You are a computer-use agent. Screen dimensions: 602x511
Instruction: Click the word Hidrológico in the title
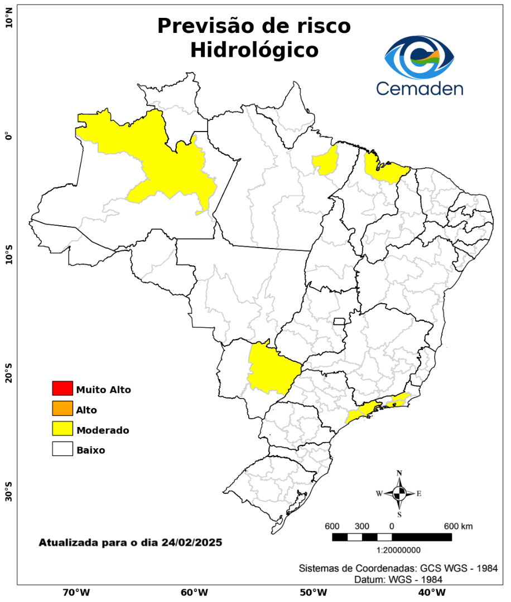tap(254, 50)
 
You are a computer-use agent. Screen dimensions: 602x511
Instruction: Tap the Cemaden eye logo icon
tap(419, 57)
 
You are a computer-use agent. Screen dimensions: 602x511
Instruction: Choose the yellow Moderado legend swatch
tap(62, 429)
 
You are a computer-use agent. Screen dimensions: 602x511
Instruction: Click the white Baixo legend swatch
tap(62, 449)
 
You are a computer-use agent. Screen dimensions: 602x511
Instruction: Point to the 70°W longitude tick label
tap(76, 592)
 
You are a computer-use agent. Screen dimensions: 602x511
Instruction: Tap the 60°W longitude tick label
tap(194, 592)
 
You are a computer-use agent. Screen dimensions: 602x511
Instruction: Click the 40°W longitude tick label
tap(430, 592)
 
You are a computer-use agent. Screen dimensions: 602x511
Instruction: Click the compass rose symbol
tap(399, 493)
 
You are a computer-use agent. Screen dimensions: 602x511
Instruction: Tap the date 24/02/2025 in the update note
tap(192, 542)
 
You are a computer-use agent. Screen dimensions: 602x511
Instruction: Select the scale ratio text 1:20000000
tap(399, 550)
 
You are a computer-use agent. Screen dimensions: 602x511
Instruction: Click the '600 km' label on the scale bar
tap(458, 526)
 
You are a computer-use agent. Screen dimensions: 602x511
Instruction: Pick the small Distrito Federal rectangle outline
tap(339, 321)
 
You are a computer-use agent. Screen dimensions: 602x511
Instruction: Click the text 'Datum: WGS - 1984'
tap(398, 579)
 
